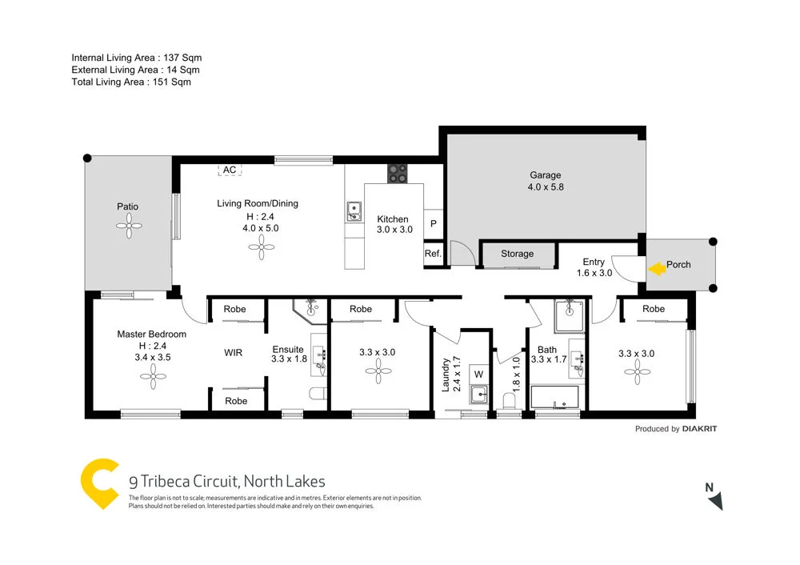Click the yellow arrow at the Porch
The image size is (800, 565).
click(655, 269)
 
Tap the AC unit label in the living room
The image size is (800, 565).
click(230, 170)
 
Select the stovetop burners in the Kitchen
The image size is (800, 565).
click(397, 174)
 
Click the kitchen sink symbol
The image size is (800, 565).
click(354, 211)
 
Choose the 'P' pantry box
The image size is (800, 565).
click(433, 224)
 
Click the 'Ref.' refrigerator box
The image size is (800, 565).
click(433, 254)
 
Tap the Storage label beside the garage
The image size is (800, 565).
click(517, 254)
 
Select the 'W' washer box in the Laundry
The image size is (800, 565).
click(478, 373)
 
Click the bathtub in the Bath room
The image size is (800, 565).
click(554, 398)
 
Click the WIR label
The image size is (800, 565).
click(233, 352)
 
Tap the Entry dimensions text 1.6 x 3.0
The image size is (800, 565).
click(594, 273)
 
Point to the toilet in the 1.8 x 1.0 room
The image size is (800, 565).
click(508, 399)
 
